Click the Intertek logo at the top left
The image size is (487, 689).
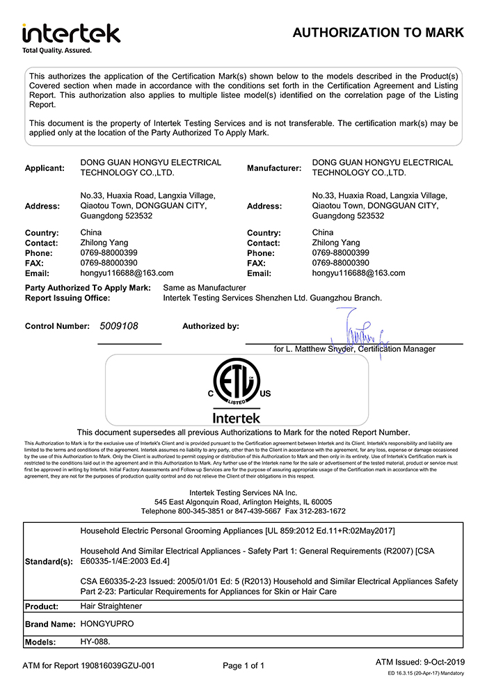pos(71,33)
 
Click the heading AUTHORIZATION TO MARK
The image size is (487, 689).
pos(378,33)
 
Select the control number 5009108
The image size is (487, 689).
pos(119,325)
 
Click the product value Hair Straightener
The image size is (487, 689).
pos(111,606)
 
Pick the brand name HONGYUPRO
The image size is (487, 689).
pos(107,624)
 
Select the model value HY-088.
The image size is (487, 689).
pos(95,642)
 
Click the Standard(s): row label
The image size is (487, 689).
pos(48,560)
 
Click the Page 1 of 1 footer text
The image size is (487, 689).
pos(243,666)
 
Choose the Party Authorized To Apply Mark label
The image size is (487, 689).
pos(88,288)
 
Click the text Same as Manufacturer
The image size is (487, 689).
pos(205,288)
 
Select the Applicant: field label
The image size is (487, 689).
pos(45,168)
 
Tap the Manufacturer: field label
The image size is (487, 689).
pos(274,168)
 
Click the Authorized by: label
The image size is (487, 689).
pos(211,325)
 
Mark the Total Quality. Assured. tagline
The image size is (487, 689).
pos(57,50)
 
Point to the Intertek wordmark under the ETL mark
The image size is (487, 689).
pos(237,418)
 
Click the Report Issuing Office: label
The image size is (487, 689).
pos(67,298)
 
